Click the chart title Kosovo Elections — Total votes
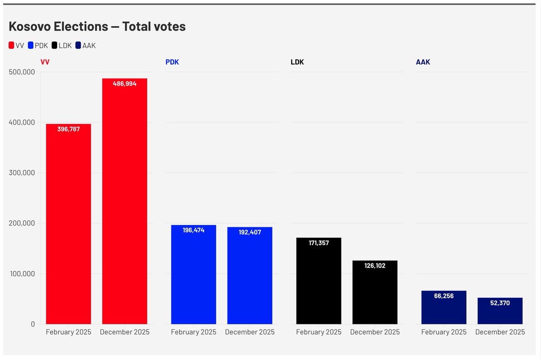97,27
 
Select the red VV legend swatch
12,46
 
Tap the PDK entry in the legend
38,46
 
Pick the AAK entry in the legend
85,46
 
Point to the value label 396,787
69,129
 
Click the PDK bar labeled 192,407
250,275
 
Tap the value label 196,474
193,230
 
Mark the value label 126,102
375,266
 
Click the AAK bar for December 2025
500,311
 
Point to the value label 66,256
444,296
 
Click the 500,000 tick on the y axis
22,72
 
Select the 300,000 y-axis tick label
22,173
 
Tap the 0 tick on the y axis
33,324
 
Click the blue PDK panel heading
172,62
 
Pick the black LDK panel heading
297,62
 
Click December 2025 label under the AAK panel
500,332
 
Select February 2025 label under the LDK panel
319,332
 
